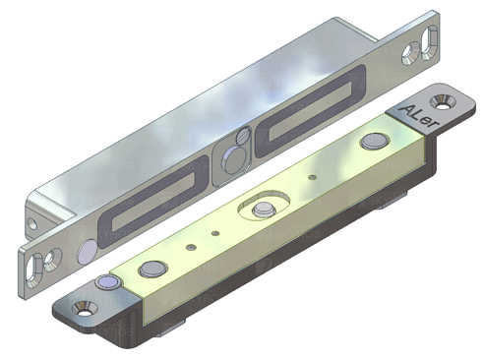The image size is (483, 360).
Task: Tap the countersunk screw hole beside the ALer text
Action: [x=442, y=101]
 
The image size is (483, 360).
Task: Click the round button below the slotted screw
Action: [x=233, y=159]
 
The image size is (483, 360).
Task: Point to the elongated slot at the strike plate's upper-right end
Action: [x=429, y=43]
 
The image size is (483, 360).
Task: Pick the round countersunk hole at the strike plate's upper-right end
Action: [x=410, y=53]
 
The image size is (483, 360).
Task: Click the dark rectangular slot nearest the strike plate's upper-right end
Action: [x=310, y=110]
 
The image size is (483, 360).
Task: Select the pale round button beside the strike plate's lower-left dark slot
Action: [x=87, y=251]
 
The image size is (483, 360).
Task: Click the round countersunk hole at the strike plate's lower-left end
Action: [x=52, y=260]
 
